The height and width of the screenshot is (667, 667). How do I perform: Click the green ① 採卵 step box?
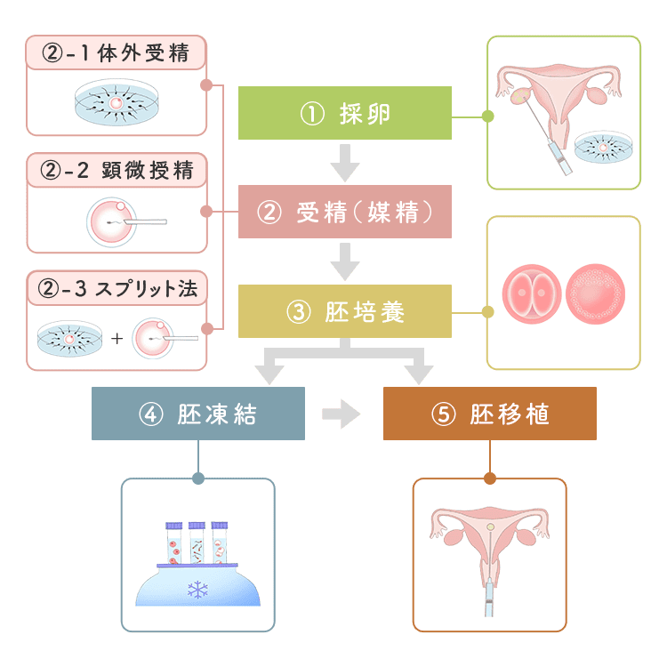[344, 114]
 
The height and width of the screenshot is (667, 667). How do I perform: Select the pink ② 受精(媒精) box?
[344, 213]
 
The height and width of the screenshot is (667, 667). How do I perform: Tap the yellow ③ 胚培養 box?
[344, 312]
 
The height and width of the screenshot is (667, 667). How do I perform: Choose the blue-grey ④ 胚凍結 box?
[197, 414]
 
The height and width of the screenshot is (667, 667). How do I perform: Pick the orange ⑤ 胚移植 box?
[489, 414]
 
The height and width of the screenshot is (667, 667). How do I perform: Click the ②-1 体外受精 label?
[117, 53]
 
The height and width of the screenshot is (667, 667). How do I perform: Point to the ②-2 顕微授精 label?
[117, 169]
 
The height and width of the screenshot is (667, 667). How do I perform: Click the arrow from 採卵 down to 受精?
[344, 163]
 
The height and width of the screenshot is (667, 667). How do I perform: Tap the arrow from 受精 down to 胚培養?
[344, 261]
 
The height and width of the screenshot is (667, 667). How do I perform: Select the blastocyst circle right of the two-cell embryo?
[595, 293]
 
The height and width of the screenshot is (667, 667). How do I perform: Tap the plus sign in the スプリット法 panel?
[117, 339]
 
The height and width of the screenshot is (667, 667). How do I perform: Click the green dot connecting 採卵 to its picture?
[486, 116]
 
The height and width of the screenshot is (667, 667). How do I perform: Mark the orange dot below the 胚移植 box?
[489, 478]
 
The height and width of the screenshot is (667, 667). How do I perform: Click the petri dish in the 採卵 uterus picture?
[604, 148]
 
